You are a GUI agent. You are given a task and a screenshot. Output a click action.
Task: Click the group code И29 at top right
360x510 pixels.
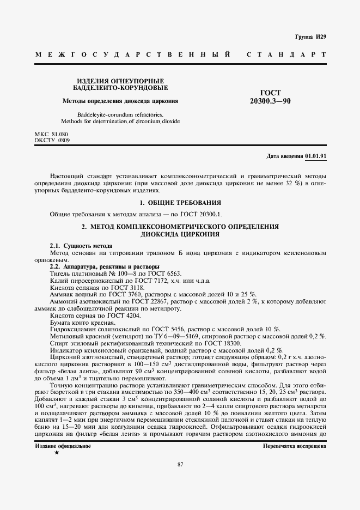pyautogui.click(x=320, y=38)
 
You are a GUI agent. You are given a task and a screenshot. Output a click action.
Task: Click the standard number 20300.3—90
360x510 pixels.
pyautogui.click(x=270, y=101)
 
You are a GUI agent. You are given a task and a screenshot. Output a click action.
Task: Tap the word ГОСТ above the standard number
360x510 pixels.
pyautogui.click(x=271, y=94)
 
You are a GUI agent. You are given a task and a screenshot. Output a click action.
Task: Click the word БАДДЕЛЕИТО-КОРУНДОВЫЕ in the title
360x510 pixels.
pyautogui.click(x=120, y=87)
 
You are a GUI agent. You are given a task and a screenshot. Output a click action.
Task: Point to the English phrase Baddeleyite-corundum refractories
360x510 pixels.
pyautogui.click(x=117, y=114)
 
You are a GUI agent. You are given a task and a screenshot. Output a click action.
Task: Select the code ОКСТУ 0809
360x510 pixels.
pyautogui.click(x=52, y=140)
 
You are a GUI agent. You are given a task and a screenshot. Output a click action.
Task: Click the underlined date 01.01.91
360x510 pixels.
pyautogui.click(x=315, y=156)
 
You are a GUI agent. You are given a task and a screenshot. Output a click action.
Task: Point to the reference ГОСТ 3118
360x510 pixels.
pyautogui.click(x=128, y=287)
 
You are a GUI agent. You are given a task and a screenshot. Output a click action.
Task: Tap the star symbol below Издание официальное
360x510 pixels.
pyautogui.click(x=57, y=453)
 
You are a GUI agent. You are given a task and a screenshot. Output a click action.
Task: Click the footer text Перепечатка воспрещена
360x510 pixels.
pyautogui.click(x=294, y=446)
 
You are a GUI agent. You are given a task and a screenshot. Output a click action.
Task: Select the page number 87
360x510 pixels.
pyautogui.click(x=180, y=464)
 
